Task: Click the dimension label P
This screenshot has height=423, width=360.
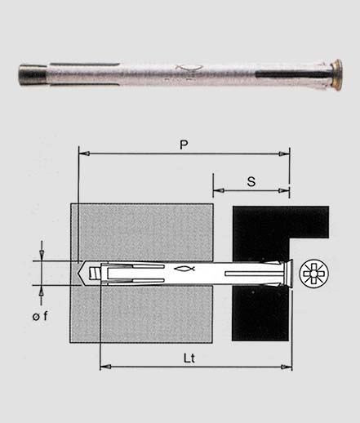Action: pos(184,145)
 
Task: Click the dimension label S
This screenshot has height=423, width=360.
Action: pos(251,181)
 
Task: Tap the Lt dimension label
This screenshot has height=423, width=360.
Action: pos(189,358)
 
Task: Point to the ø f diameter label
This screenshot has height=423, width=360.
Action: pos(40,316)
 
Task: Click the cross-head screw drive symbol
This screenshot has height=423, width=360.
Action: pos(313,273)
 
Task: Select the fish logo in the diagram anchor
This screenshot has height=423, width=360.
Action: pos(184,269)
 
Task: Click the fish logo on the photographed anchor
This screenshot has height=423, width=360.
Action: pos(189,68)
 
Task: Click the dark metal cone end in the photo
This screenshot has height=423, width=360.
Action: pos(32,74)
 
